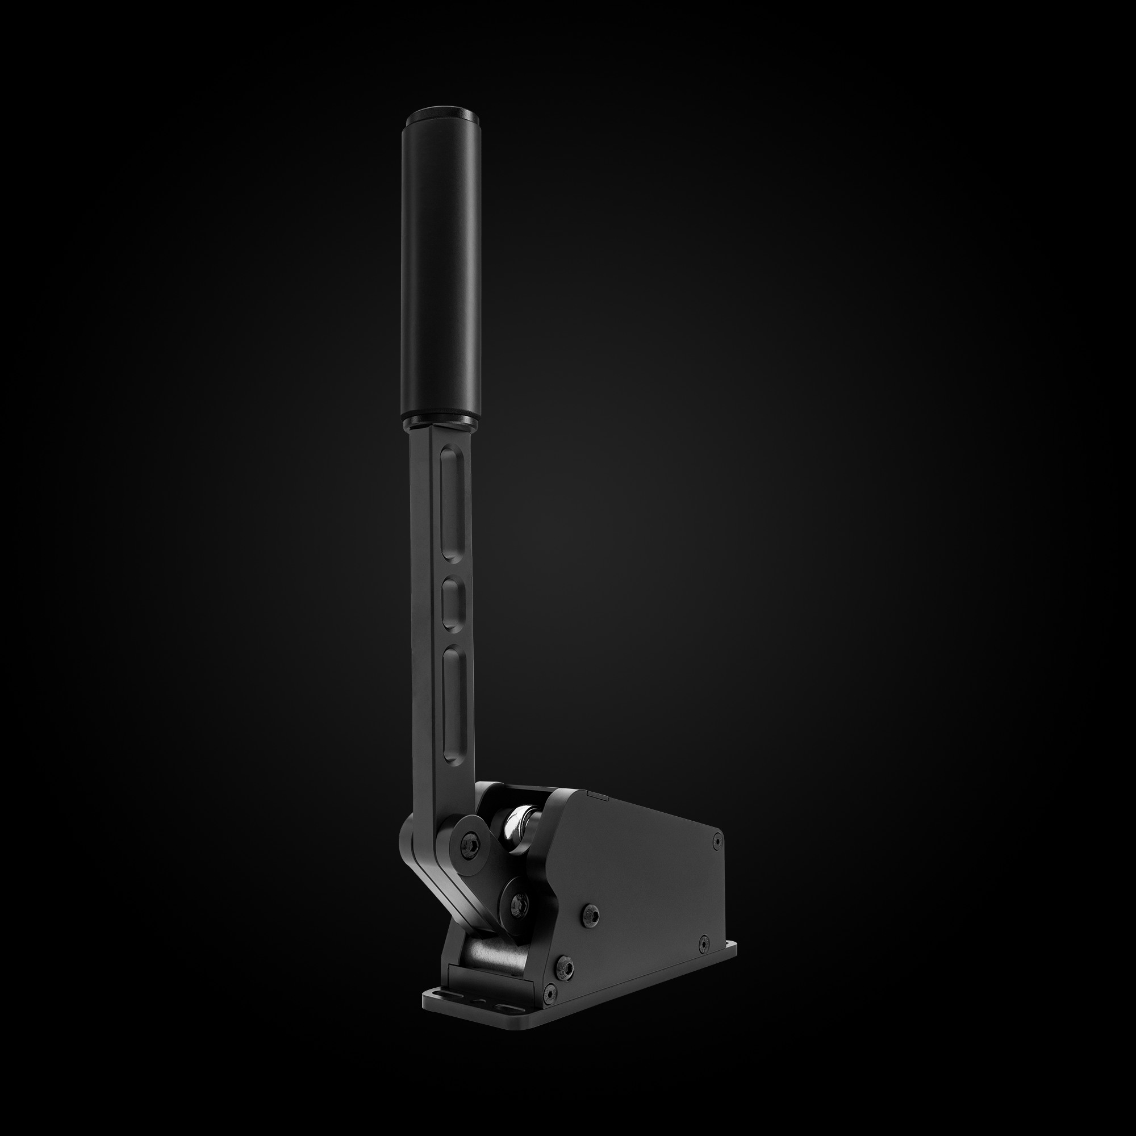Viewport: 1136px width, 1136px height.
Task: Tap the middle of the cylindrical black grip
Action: click(441, 265)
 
